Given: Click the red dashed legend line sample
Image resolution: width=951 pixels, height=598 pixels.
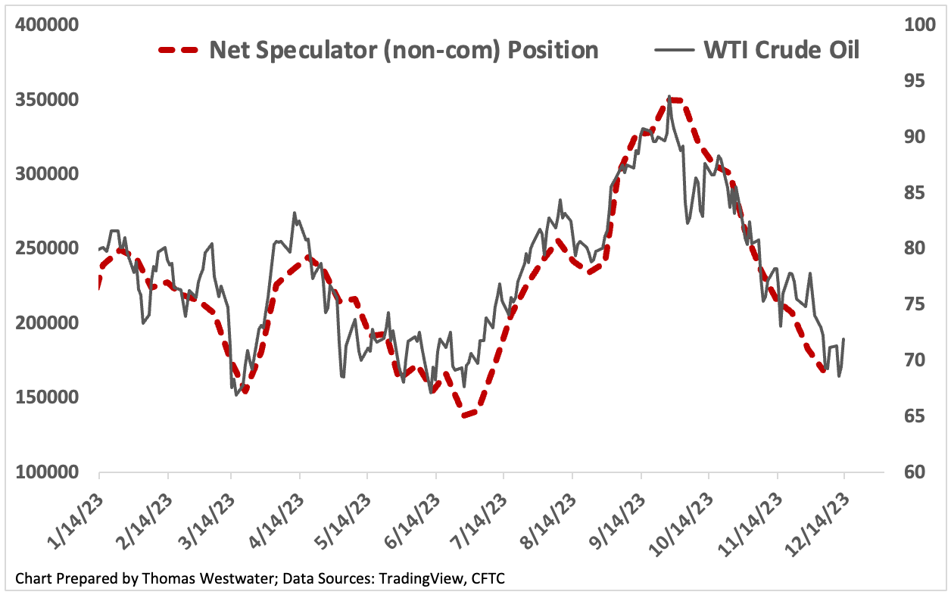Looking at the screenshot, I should pyautogui.click(x=178, y=51).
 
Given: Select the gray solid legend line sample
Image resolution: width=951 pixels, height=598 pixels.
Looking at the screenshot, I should pyautogui.click(x=674, y=51).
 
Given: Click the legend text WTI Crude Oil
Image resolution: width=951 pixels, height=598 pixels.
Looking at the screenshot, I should pyautogui.click(x=781, y=51).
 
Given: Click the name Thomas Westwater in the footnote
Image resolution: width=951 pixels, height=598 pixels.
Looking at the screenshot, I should pyautogui.click(x=187, y=579).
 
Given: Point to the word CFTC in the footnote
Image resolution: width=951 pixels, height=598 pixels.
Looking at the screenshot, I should pyautogui.click(x=487, y=579).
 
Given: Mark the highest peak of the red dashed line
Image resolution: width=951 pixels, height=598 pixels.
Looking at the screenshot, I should pyautogui.click(x=673, y=100).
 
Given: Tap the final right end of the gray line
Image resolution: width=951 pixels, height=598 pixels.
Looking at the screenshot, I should pyautogui.click(x=843, y=339).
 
